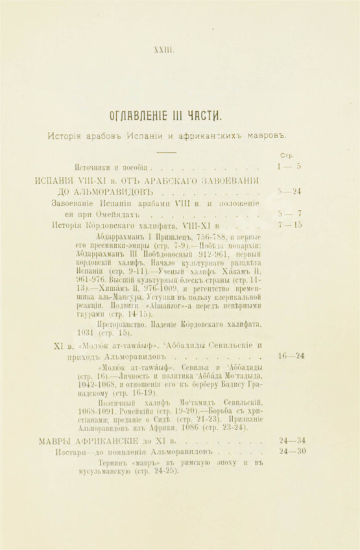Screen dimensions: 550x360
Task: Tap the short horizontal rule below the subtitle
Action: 167,152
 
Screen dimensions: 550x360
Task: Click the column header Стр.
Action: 287,156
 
